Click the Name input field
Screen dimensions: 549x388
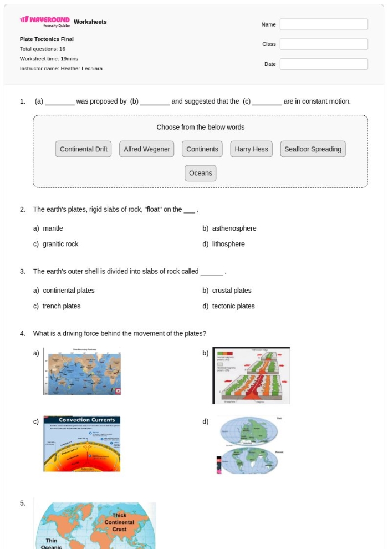323,24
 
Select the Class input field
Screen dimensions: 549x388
323,44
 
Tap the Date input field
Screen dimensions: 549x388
323,64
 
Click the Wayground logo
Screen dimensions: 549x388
45,22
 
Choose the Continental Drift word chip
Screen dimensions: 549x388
84,149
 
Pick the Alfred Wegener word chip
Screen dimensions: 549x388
146,149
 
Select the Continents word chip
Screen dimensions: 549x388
202,149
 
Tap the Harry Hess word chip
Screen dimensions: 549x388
251,149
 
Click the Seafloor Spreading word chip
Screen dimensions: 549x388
313,149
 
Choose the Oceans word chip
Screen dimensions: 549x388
200,173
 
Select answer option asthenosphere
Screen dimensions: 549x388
234,228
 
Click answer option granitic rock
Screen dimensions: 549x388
60,244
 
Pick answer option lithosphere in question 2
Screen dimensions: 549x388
228,244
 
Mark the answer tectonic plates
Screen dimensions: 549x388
233,306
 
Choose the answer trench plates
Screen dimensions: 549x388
62,306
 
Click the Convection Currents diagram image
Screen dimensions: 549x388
82,444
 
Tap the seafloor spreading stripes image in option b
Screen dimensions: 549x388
251,375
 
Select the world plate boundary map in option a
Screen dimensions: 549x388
82,372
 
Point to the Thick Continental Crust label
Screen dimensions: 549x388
119,522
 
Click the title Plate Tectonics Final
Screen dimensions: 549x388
47,39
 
